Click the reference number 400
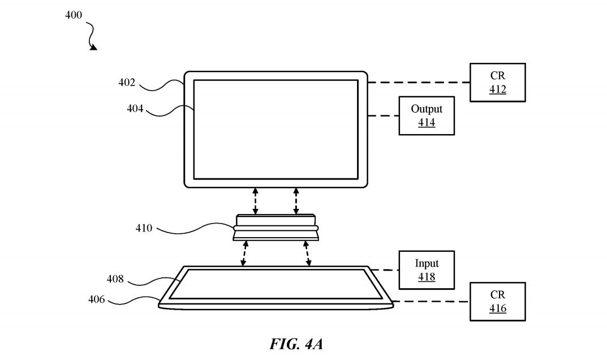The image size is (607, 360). click(x=74, y=15)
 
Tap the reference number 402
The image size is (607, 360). click(x=127, y=83)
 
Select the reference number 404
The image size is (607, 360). click(x=135, y=109)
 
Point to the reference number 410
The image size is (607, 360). click(x=144, y=229)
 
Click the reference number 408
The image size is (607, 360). click(x=115, y=279)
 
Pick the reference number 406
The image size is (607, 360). click(x=96, y=299)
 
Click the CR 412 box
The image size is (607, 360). click(x=497, y=83)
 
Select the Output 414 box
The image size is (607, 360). click(x=427, y=115)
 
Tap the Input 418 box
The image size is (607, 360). click(x=427, y=270)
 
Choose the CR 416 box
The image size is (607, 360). click(x=497, y=302)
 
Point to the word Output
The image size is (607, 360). click(x=427, y=109)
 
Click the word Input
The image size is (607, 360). click(x=427, y=264)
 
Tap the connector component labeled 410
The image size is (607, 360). click(x=275, y=228)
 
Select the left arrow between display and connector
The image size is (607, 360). click(x=256, y=202)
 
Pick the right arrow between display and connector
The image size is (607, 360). click(x=296, y=202)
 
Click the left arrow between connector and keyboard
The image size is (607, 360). click(x=244, y=254)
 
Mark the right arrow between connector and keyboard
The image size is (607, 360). click(x=307, y=254)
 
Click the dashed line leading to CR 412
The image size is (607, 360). click(x=419, y=83)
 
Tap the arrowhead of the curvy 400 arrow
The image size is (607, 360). click(x=93, y=48)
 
